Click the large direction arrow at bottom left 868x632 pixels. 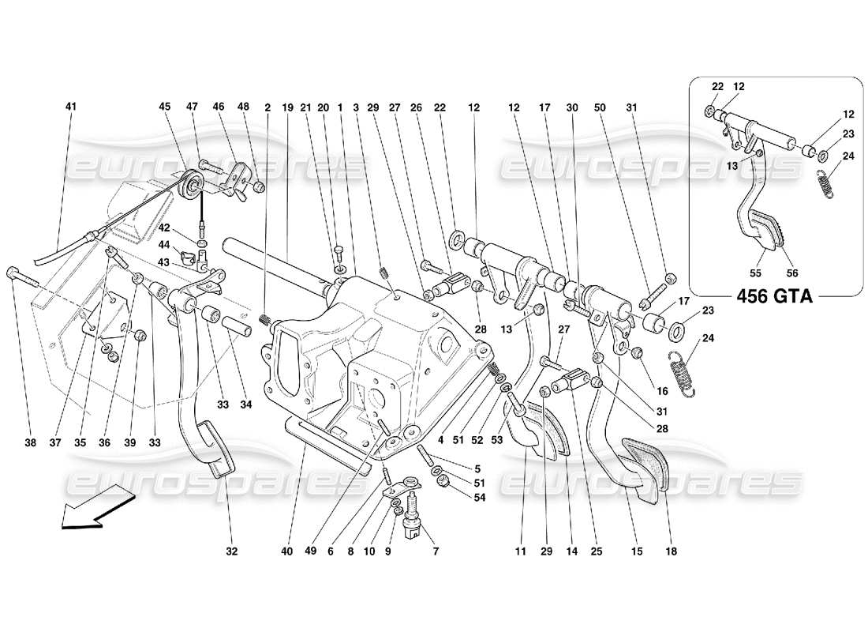(x=95, y=510)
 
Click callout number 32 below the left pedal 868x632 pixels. (x=231, y=551)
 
